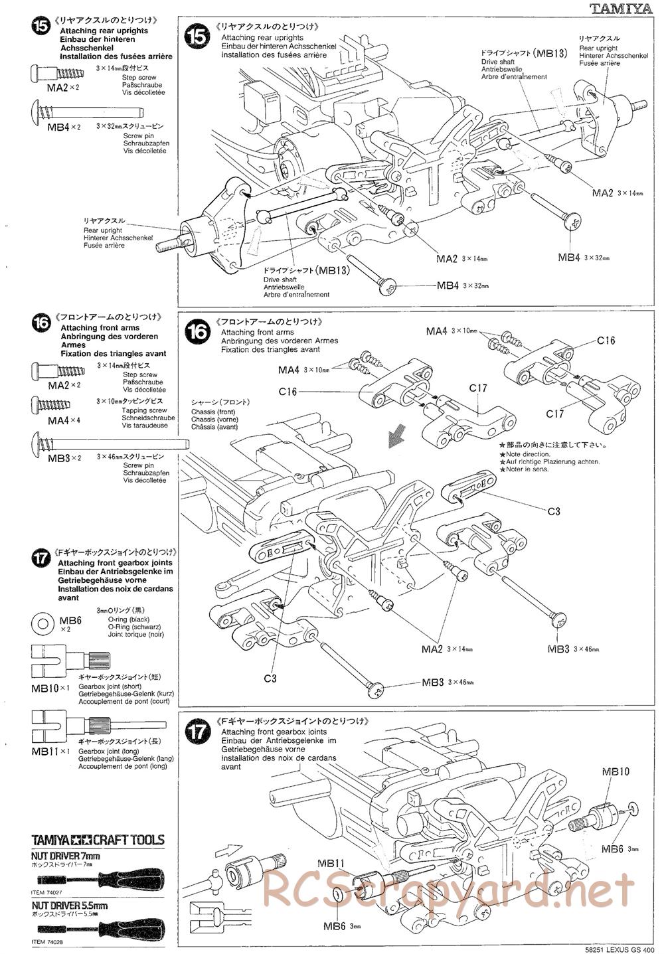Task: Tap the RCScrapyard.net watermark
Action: pyautogui.click(x=448, y=890)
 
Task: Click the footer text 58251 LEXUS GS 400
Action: pyautogui.click(x=616, y=948)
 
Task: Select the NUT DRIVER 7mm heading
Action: pyautogui.click(x=66, y=856)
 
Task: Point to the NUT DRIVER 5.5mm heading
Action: pyautogui.click(x=70, y=906)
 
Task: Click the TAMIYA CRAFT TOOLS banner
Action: pyautogui.click(x=98, y=840)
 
